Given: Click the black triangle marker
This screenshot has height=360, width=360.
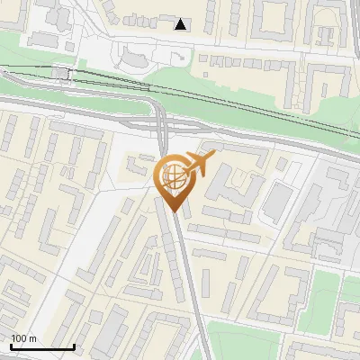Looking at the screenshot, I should (x=182, y=24).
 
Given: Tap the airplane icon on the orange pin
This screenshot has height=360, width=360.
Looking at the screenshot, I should (x=199, y=165).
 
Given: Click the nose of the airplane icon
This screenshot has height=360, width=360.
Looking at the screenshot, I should (x=213, y=157).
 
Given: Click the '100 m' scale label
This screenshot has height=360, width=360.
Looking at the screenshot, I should (x=24, y=338).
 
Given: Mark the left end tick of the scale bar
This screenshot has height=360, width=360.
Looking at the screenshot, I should (x=11, y=346).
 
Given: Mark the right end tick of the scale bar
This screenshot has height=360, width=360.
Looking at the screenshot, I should (x=74, y=346).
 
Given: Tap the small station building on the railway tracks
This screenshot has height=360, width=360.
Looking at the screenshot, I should (x=61, y=73).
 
